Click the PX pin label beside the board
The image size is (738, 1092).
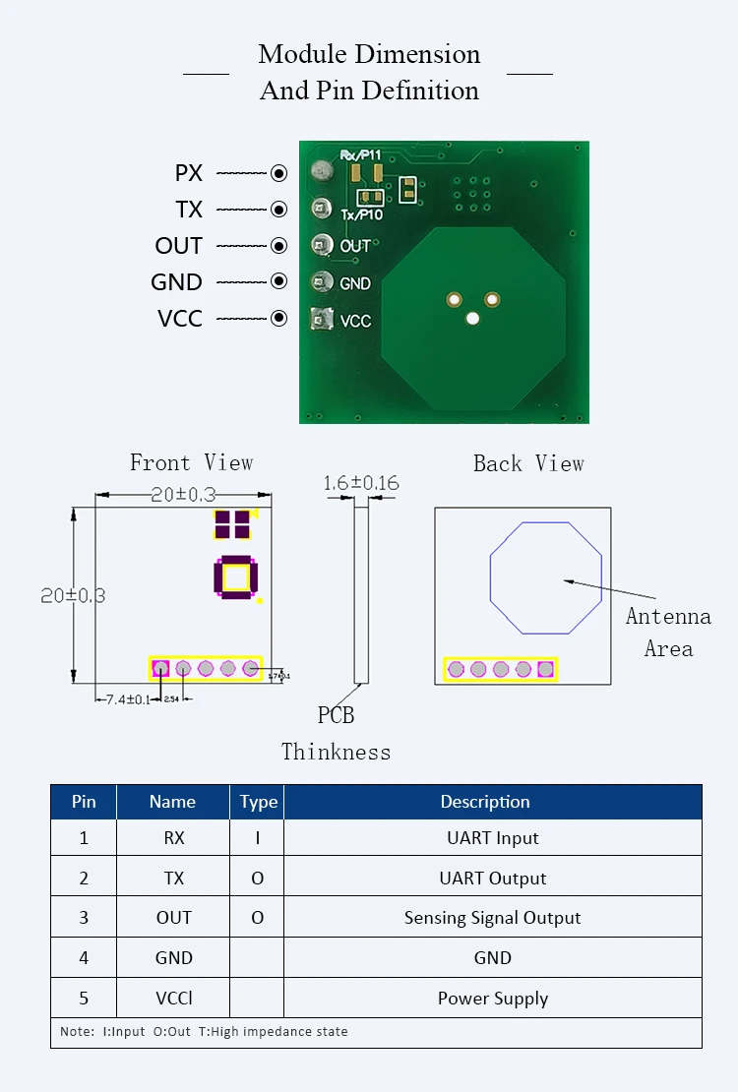tap(189, 173)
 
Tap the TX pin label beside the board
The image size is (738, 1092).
tap(189, 210)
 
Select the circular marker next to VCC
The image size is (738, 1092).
tap(279, 318)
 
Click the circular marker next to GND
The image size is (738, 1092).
tap(279, 281)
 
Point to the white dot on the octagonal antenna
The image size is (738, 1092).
tap(472, 319)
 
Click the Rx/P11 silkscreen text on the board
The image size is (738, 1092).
tap(360, 155)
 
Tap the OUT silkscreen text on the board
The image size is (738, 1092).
tap(355, 246)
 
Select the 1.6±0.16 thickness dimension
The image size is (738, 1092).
tap(361, 483)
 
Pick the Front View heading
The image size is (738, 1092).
tap(192, 462)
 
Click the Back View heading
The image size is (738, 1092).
tap(528, 463)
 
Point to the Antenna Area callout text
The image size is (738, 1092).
tap(668, 632)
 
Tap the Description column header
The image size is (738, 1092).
tap(485, 802)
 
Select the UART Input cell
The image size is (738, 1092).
tap(492, 838)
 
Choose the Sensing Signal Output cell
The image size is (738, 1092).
tap(492, 918)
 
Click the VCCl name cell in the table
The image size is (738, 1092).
tap(173, 999)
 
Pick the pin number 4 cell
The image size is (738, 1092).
tap(84, 958)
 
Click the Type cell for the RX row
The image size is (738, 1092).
tap(258, 838)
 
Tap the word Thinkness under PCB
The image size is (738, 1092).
tap(336, 752)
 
